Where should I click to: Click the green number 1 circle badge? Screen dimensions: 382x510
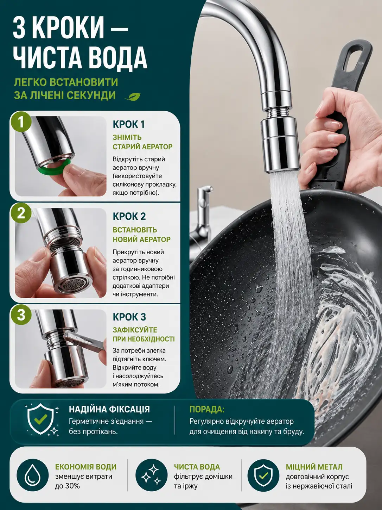click(21, 122)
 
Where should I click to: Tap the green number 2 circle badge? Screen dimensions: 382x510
click(21, 213)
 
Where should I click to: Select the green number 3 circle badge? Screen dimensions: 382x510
click(21, 315)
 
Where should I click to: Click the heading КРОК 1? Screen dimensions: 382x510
click(129, 124)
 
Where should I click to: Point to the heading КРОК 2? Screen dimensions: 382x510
click(129, 217)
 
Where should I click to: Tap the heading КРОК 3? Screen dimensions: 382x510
click(129, 317)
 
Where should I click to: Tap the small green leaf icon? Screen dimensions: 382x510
click(133, 97)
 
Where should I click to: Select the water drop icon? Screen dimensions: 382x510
click(33, 475)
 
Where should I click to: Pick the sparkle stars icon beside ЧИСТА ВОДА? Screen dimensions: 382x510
click(152, 475)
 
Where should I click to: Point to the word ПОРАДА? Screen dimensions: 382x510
click(207, 409)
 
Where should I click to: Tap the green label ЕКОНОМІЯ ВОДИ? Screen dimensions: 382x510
click(85, 467)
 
